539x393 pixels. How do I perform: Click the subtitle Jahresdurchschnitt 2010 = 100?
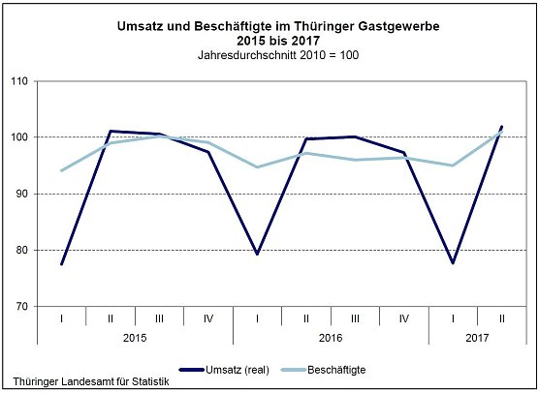pyautogui.click(x=269, y=54)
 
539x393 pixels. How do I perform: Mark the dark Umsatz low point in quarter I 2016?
pyautogui.click(x=257, y=255)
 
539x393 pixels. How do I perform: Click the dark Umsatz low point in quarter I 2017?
pyautogui.click(x=453, y=262)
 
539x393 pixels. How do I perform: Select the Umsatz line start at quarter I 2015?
pyautogui.click(x=61, y=264)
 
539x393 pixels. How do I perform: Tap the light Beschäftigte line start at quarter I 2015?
pyautogui.click(x=61, y=170)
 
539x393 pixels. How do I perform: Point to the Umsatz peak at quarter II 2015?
pyautogui.click(x=111, y=131)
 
